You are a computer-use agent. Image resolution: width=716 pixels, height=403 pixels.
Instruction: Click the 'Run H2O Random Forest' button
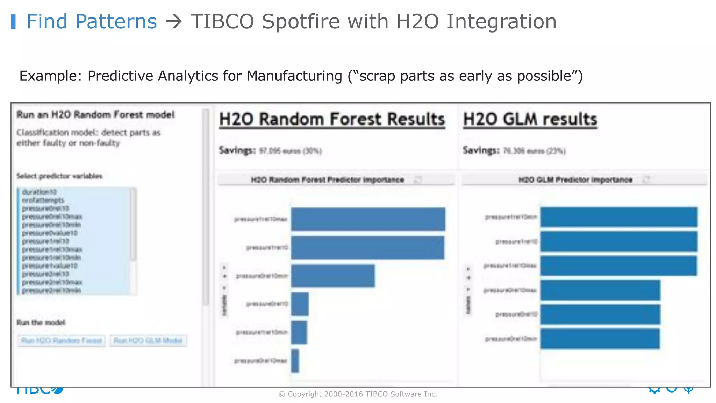tap(62, 340)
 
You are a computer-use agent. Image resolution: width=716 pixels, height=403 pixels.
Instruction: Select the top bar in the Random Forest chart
tap(368, 219)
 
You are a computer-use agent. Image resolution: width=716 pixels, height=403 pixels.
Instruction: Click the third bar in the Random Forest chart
tap(332, 276)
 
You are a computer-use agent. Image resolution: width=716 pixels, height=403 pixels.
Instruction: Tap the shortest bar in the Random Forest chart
tap(295, 361)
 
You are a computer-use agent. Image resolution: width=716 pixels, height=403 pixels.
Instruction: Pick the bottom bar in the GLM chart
tap(600, 339)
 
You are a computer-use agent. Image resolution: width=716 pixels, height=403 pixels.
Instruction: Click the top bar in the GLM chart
tap(619, 217)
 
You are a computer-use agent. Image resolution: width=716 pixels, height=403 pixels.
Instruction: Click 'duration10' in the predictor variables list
tap(39, 192)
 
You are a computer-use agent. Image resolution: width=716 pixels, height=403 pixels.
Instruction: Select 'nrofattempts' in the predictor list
tap(43, 200)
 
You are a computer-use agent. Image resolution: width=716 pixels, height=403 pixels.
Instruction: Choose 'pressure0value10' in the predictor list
tap(50, 233)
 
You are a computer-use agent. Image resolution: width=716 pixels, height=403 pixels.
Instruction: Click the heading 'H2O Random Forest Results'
tap(332, 119)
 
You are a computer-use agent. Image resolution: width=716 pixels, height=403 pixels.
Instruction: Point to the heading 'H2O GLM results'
tap(530, 119)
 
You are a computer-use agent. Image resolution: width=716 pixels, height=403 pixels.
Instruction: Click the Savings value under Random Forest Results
tap(290, 151)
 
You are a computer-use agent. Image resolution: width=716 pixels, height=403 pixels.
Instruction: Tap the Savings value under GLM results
tap(534, 151)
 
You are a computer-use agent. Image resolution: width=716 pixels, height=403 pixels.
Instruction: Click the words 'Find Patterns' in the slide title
tap(92, 22)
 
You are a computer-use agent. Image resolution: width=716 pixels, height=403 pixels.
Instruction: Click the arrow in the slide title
tap(174, 22)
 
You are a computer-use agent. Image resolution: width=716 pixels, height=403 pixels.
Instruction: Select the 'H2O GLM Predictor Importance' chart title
tap(575, 180)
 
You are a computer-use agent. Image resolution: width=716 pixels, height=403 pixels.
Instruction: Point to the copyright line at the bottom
tap(358, 394)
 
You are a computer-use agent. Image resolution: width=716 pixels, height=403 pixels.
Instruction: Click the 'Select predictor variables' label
tap(59, 176)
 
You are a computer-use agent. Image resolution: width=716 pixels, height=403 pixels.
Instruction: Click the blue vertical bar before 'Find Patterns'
tap(13, 22)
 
